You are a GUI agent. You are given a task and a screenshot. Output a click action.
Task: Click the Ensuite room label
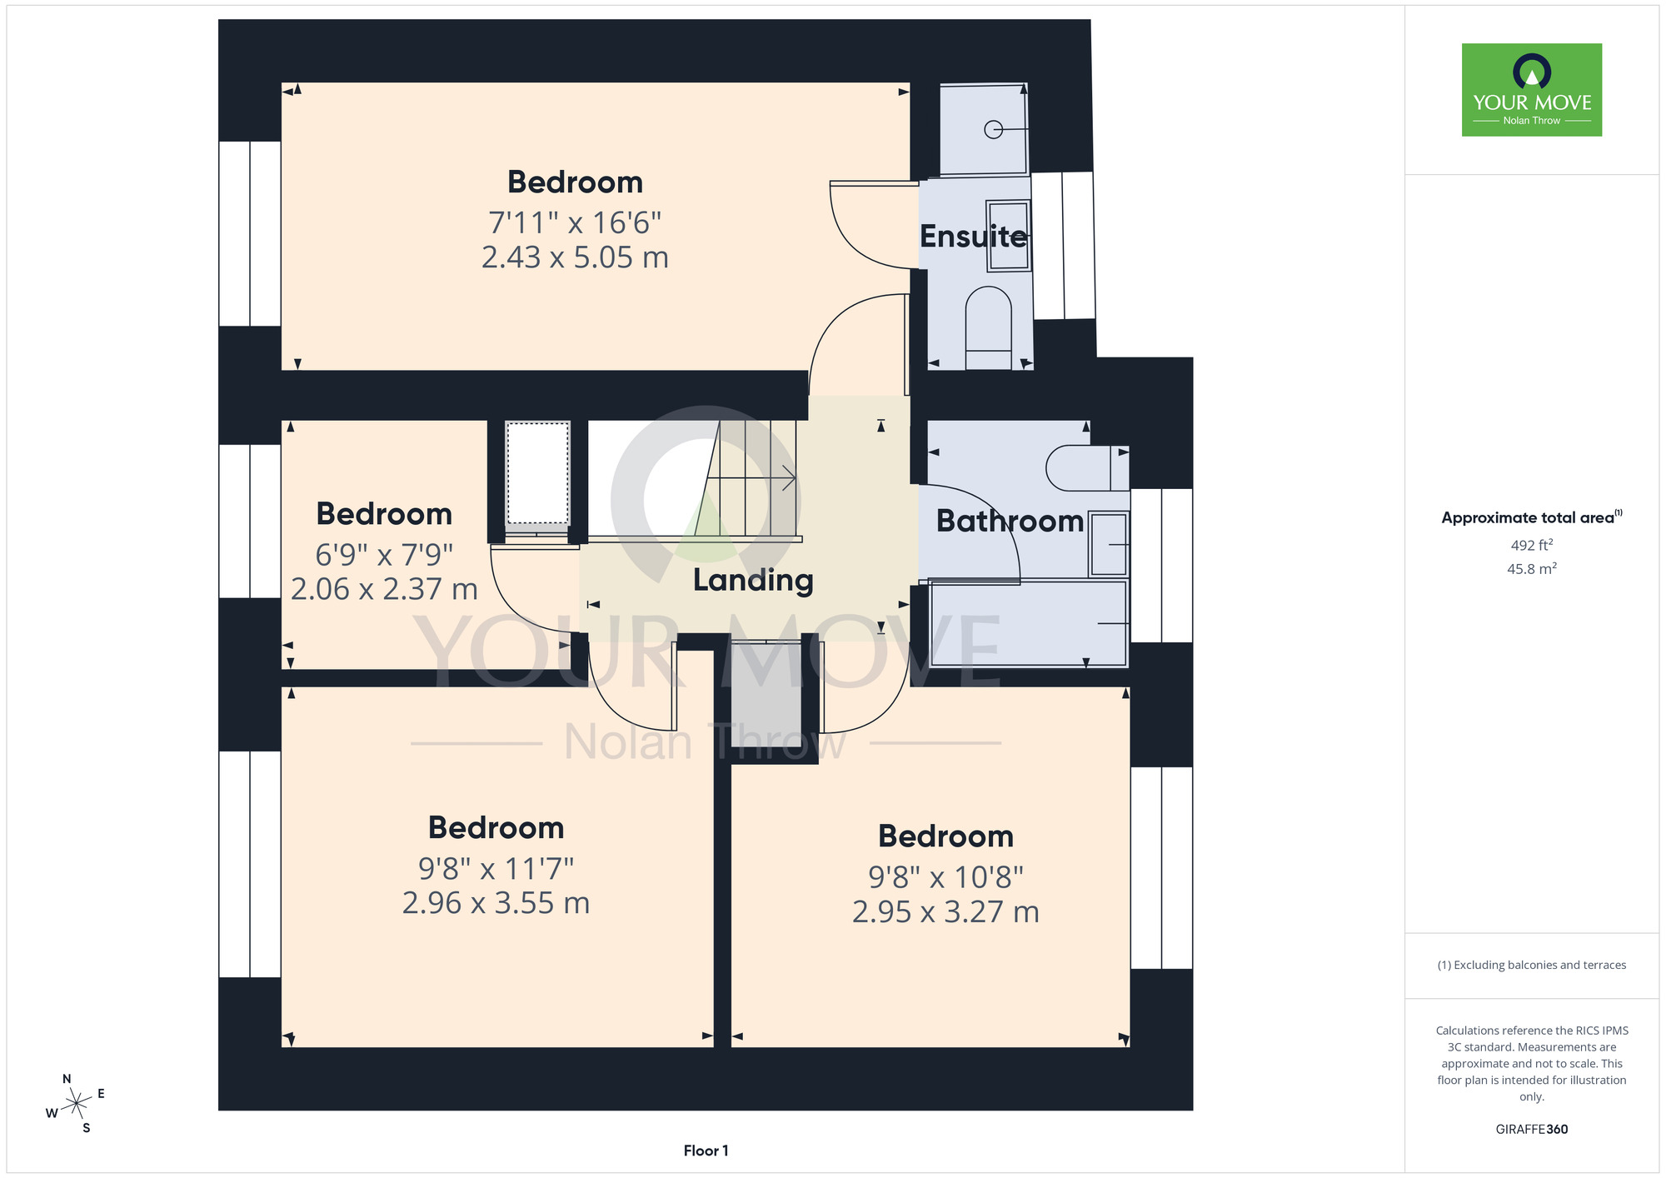pos(973,237)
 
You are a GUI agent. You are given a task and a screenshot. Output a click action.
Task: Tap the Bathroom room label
pos(1010,521)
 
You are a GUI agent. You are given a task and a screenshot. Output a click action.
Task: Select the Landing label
pos(753,581)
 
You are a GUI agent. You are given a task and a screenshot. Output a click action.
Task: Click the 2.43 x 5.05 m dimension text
pos(575,257)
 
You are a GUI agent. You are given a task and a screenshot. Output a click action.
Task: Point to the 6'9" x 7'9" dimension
pos(384,554)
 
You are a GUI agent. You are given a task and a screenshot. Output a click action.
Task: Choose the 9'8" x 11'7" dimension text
pos(496,869)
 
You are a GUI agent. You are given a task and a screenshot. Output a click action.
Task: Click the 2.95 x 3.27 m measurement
pos(945,912)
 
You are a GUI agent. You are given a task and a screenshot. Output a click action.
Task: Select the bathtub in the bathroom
pos(1029,624)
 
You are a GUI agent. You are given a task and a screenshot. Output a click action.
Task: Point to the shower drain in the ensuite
pos(993,130)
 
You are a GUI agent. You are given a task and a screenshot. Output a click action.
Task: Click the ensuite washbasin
pos(1009,236)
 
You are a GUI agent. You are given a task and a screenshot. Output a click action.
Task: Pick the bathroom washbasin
pos(1109,544)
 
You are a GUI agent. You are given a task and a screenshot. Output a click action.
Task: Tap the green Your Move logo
pos(1532,90)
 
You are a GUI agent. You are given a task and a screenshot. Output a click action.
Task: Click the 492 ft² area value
pos(1532,545)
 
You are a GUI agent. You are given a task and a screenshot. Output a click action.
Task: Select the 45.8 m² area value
pos(1532,569)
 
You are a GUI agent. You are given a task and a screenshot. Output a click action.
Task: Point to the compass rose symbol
pos(76,1104)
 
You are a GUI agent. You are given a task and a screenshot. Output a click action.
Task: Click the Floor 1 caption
pos(706,1151)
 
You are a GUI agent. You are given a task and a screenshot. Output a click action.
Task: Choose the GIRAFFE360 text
pos(1532,1130)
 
